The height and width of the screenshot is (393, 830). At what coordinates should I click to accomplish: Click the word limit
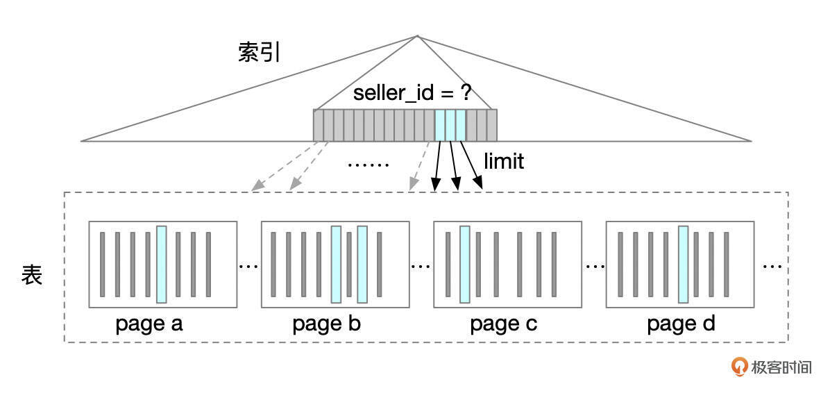pyautogui.click(x=504, y=161)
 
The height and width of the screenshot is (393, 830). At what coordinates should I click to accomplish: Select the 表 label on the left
pyautogui.click(x=31, y=275)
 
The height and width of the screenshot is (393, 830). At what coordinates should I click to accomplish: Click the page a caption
pyautogui.click(x=149, y=324)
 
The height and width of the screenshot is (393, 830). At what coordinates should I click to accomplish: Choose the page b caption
pyautogui.click(x=326, y=324)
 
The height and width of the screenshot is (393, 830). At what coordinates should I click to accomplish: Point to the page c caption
pyautogui.click(x=504, y=324)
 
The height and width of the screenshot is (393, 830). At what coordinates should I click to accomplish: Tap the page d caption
pyautogui.click(x=681, y=324)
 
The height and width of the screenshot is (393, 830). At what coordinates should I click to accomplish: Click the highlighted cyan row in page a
pyautogui.click(x=162, y=265)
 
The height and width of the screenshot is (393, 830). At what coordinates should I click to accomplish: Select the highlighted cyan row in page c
pyautogui.click(x=465, y=265)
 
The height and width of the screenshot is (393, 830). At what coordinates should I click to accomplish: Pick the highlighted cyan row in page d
pyautogui.click(x=684, y=265)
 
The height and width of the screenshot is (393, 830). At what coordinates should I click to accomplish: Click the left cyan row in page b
pyautogui.click(x=336, y=265)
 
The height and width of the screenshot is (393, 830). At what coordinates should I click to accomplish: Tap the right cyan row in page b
pyautogui.click(x=362, y=265)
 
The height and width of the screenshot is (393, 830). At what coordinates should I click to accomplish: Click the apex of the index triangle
pyautogui.click(x=417, y=36)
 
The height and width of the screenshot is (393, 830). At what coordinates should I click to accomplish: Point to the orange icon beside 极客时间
pyautogui.click(x=740, y=366)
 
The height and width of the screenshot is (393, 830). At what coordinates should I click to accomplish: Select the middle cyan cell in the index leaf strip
pyautogui.click(x=450, y=125)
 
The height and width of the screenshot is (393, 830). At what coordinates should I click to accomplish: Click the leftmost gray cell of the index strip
pyautogui.click(x=319, y=125)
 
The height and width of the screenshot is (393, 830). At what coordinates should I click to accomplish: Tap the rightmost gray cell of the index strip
pyautogui.click(x=492, y=125)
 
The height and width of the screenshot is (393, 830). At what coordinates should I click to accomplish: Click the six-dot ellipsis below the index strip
pyautogui.click(x=368, y=165)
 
